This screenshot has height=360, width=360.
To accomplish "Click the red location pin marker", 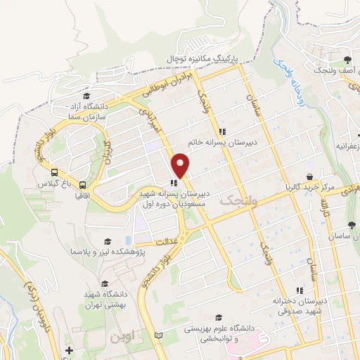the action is click(x=181, y=165).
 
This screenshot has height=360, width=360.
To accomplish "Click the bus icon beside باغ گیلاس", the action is click(x=54, y=172).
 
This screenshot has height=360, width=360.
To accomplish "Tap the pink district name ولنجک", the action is click(x=235, y=202).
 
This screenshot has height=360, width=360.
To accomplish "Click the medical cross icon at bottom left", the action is click(x=68, y=350).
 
